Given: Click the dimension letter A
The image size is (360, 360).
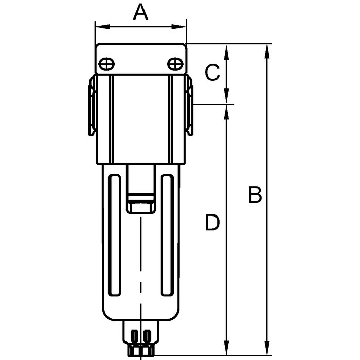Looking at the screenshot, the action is pyautogui.click(x=140, y=12).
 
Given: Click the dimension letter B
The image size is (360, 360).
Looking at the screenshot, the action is pyautogui.click(x=255, y=195).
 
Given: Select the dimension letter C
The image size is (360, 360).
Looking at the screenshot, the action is pyautogui.click(x=212, y=73).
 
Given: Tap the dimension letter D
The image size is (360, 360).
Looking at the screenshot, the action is pyautogui.click(x=212, y=222).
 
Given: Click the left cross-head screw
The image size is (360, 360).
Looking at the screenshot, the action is pyautogui.click(x=106, y=64).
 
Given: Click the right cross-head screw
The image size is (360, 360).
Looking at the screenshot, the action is pyautogui.click(x=175, y=64).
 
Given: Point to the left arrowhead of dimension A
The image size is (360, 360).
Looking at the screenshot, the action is pyautogui.click(x=102, y=27).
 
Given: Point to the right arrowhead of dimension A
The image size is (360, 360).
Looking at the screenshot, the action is pyautogui.click(x=179, y=27).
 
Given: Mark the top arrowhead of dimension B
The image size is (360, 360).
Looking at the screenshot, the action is pyautogui.click(x=267, y=51).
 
